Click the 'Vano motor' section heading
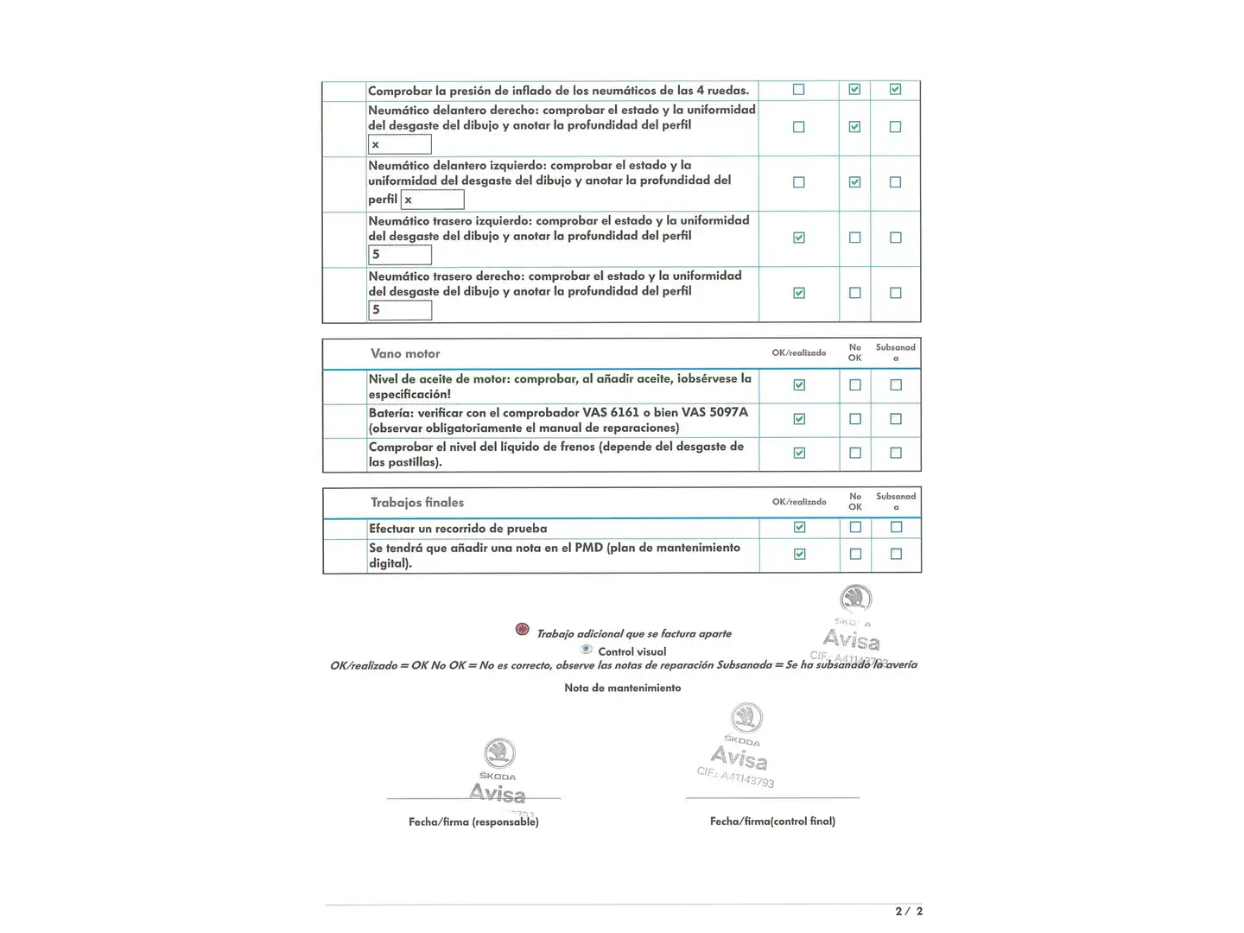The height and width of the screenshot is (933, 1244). point(405,353)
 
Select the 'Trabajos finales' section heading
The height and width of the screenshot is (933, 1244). point(417,502)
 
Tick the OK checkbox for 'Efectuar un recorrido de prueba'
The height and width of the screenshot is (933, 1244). point(799,527)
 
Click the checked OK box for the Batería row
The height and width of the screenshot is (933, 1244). point(799,419)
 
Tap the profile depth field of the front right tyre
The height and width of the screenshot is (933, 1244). point(400,144)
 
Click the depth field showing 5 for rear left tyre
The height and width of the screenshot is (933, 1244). point(400,255)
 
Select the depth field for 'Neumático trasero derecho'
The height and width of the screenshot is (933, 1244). point(400,310)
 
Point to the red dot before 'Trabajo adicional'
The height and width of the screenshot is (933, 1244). point(523,629)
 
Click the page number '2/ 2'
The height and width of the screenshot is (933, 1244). point(909,911)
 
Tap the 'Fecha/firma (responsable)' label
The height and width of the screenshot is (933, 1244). point(473,822)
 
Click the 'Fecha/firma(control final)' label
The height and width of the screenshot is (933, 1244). point(772,821)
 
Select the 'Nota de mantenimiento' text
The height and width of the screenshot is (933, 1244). point(622,688)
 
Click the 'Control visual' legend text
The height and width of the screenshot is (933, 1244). point(632,651)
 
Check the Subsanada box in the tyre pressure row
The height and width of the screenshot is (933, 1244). point(895,89)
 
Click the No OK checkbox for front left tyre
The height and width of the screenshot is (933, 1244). point(854,182)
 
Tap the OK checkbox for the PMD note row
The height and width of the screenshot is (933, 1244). point(799,554)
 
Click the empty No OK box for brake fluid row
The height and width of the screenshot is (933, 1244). point(854,453)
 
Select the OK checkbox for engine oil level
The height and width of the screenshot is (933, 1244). point(799,385)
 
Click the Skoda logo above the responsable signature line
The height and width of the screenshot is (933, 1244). point(499,753)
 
